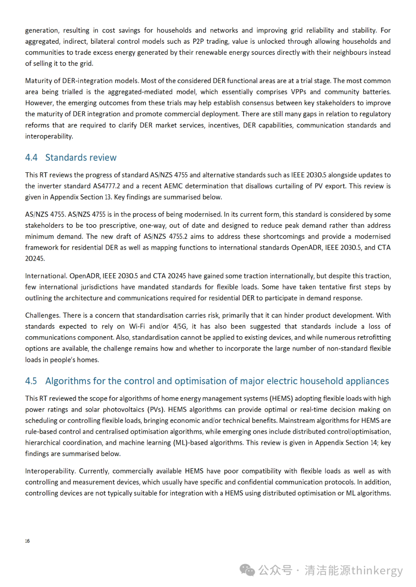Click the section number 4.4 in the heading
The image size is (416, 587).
tap(31, 158)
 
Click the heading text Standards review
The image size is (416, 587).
tap(81, 158)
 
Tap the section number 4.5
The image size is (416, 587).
tap(31, 381)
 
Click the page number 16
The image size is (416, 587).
tap(27, 541)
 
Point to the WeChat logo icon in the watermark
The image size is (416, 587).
tap(247, 570)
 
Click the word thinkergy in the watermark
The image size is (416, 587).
tap(377, 570)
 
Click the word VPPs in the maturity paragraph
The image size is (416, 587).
tap(298, 92)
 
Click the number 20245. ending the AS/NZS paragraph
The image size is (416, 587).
tap(35, 258)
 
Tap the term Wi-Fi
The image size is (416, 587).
tap(137, 326)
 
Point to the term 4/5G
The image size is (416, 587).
tap(179, 326)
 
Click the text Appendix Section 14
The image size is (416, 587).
tap(346, 442)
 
